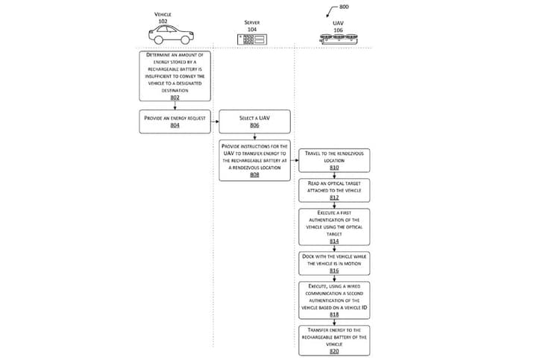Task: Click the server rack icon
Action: point(253,39)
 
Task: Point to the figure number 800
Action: point(343,7)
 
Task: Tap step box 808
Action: point(254,160)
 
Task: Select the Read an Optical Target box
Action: point(333,189)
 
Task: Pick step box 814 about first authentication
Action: point(333,227)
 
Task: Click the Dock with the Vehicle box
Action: point(333,263)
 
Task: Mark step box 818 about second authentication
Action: point(333,300)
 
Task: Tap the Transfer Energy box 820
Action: point(333,339)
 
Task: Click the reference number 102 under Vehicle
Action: point(162,20)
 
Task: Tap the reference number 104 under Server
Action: point(253,28)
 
